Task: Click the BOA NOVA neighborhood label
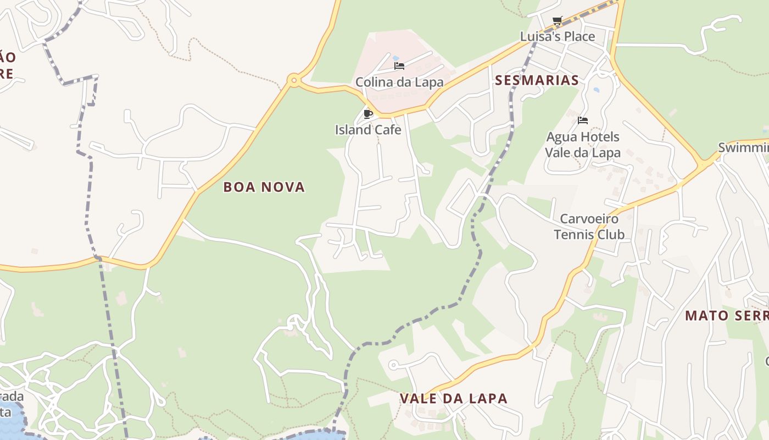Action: click(264, 187)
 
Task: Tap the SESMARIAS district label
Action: click(537, 80)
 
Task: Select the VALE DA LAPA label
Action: click(453, 398)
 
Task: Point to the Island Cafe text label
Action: click(368, 130)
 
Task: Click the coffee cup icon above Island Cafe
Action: click(368, 114)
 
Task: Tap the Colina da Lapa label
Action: click(399, 82)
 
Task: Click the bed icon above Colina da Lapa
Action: click(399, 66)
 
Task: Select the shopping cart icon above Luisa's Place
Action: click(558, 21)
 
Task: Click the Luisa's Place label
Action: click(558, 36)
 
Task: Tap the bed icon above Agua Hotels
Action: click(583, 120)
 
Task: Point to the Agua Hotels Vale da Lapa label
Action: click(583, 144)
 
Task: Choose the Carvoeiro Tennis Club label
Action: click(589, 227)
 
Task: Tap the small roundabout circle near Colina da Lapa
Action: click(294, 81)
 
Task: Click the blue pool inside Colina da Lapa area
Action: click(395, 57)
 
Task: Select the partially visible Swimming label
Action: click(744, 147)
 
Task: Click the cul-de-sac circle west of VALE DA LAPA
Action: click(393, 365)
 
